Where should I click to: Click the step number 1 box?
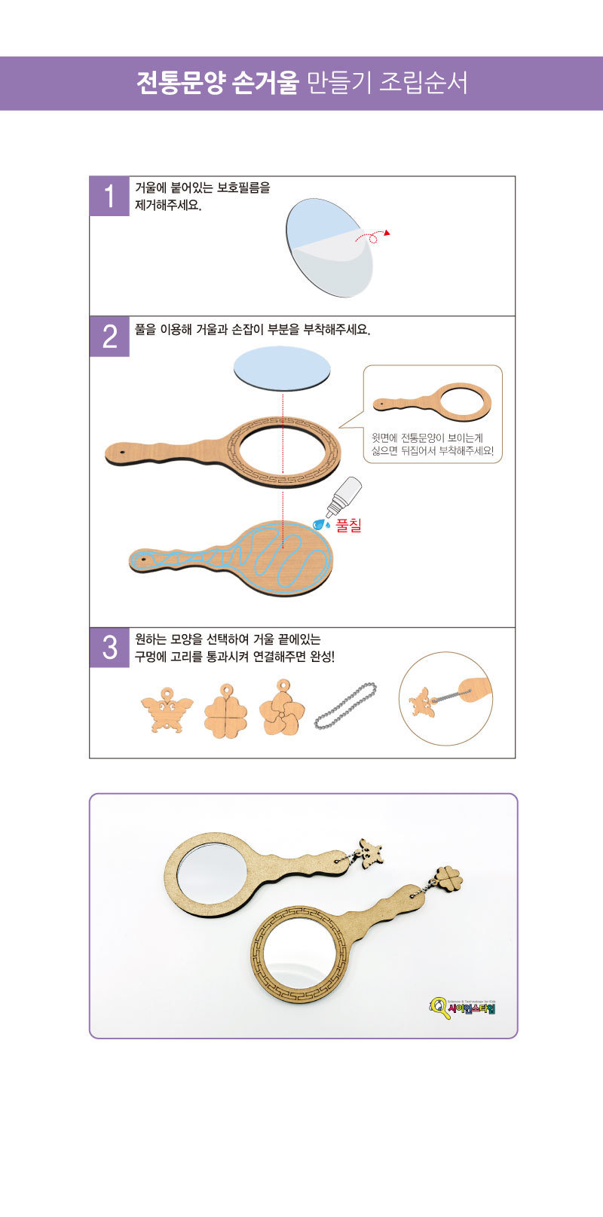(109, 196)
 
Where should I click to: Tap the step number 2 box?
(109, 337)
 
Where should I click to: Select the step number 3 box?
(109, 648)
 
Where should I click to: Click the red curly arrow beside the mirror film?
(372, 236)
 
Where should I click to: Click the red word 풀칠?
(348, 525)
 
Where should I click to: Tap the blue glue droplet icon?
(321, 524)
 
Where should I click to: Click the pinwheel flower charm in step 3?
(282, 707)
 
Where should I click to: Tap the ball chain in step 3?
(345, 706)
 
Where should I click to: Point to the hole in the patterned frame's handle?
(122, 452)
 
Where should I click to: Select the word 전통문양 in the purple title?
(180, 83)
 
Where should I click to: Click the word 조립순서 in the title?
(423, 83)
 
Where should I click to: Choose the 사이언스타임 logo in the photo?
(462, 1008)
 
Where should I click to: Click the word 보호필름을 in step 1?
(243, 188)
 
